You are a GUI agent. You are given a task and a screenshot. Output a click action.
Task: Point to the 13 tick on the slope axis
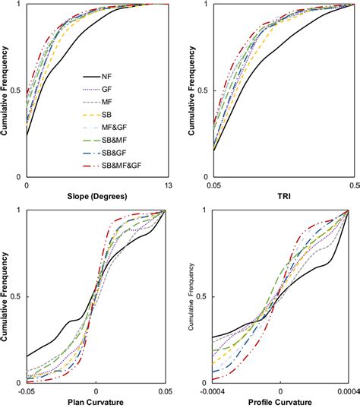[x=166, y=185]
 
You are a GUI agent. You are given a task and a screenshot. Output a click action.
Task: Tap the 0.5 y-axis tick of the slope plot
[x=18, y=90]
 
